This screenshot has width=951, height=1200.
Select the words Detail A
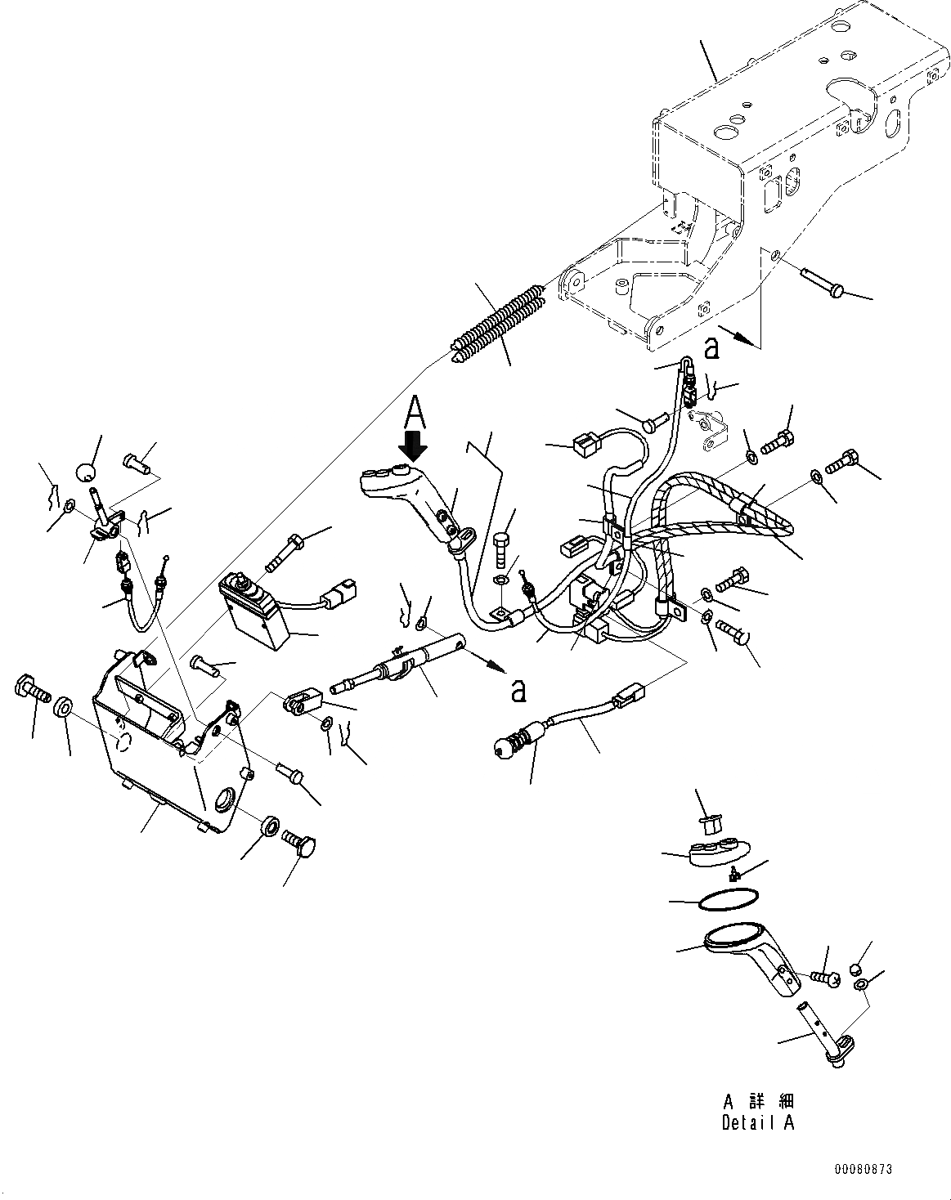(757, 1122)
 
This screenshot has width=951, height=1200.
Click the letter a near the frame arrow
(712, 348)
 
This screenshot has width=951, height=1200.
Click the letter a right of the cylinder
(516, 691)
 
